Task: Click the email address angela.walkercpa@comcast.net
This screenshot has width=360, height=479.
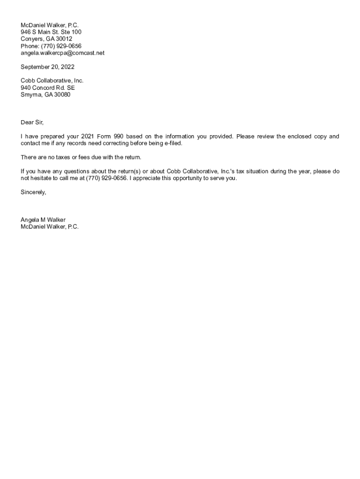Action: point(63,53)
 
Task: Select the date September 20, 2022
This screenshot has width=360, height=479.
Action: point(47,67)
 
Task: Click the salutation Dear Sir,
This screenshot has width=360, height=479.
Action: point(32,123)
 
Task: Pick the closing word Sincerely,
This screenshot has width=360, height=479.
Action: point(33,192)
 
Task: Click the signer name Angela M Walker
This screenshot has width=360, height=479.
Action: point(43,220)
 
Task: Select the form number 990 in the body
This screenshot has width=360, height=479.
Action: point(118,137)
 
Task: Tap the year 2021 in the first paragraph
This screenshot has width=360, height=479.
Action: point(88,137)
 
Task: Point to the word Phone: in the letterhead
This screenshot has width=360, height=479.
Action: point(30,46)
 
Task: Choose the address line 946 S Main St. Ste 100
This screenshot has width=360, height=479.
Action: point(51,32)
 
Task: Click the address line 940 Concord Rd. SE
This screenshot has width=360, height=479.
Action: point(48,87)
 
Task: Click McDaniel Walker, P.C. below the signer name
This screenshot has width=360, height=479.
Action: point(50,227)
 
